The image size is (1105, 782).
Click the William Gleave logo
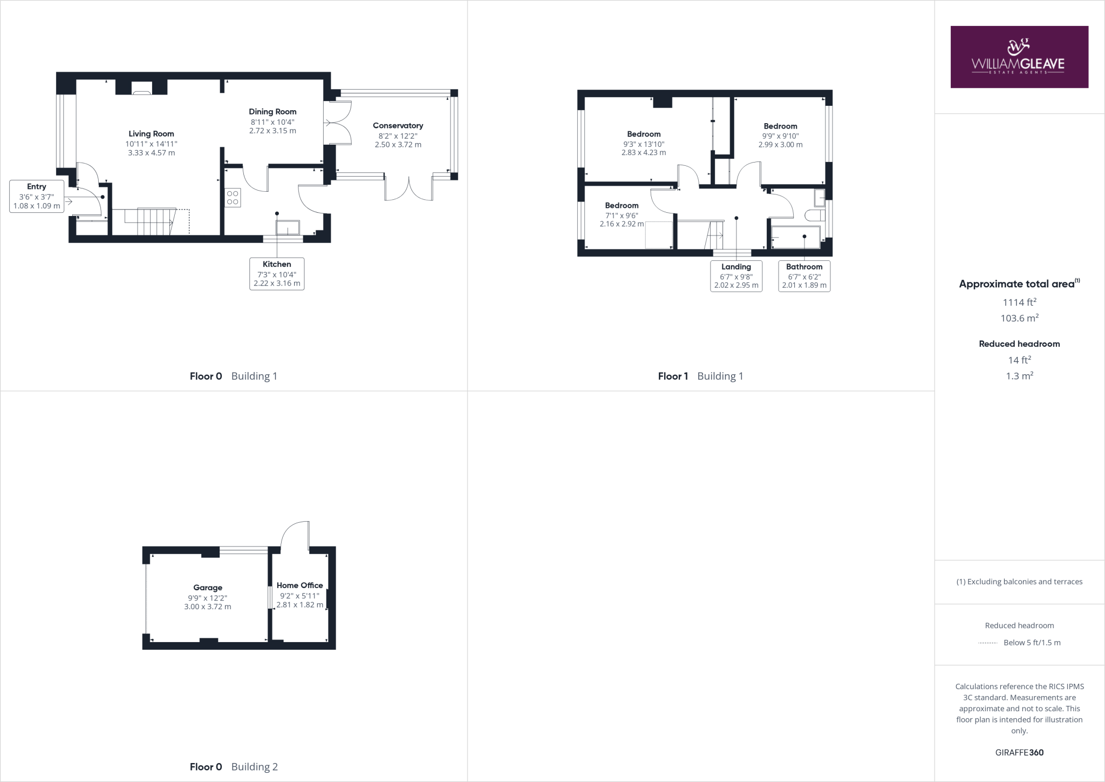[x=1019, y=57]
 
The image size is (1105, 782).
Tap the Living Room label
[x=151, y=134]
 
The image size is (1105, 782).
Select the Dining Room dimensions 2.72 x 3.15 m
[x=272, y=131]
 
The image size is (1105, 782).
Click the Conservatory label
[x=398, y=126]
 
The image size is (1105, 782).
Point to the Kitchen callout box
[x=277, y=273]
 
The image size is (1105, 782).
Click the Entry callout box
[x=37, y=196]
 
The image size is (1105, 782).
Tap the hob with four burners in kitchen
[x=233, y=198]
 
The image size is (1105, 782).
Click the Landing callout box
[x=736, y=276]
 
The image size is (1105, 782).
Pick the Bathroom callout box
[x=804, y=276]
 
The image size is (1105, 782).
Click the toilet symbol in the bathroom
[x=815, y=215]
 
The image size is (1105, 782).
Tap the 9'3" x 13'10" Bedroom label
[x=644, y=134]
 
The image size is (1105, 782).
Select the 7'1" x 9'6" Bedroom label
[x=622, y=206]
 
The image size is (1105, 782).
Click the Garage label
[x=208, y=588]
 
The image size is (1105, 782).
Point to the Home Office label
[x=299, y=585]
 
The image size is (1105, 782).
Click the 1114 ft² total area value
[x=1019, y=302]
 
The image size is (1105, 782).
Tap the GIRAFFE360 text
[x=1019, y=752]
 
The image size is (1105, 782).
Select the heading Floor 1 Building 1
[x=700, y=376]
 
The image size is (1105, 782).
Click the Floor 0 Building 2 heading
[x=234, y=767]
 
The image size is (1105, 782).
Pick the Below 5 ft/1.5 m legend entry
[x=1031, y=643]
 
